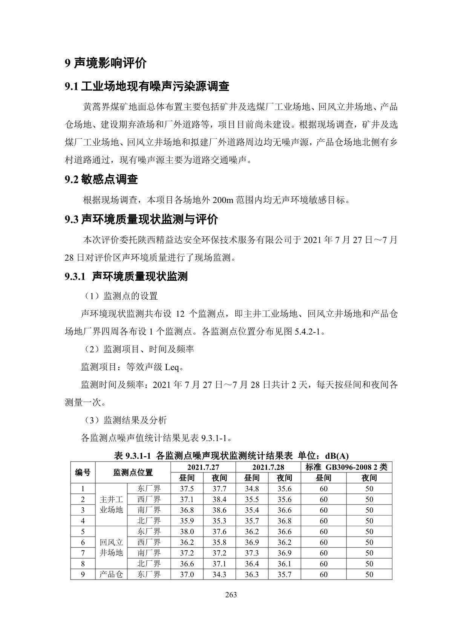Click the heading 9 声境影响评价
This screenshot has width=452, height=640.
pos(106,63)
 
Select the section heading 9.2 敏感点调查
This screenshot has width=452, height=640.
pos(101,180)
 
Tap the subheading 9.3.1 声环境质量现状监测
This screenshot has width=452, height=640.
pos(126,277)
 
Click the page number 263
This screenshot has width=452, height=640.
pos(231,595)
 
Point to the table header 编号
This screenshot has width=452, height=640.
pos(83,472)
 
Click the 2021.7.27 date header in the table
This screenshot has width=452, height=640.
pos(203,467)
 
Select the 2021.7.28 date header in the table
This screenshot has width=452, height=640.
pos(268,467)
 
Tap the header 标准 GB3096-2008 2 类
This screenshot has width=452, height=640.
pos(346,467)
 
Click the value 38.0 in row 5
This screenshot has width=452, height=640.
pos(187,531)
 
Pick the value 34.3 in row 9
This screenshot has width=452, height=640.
pos(219,574)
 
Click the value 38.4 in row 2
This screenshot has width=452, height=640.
pos(219,499)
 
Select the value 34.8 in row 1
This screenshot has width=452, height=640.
pos(251,489)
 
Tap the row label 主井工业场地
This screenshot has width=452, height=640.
pos(111,505)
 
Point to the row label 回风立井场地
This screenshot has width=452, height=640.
pos(111,548)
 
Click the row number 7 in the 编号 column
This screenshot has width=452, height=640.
pos(83,553)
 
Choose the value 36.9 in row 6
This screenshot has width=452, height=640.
pos(251,542)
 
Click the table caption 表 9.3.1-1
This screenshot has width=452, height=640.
pos(134,455)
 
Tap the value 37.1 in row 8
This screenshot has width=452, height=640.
pos(219,564)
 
